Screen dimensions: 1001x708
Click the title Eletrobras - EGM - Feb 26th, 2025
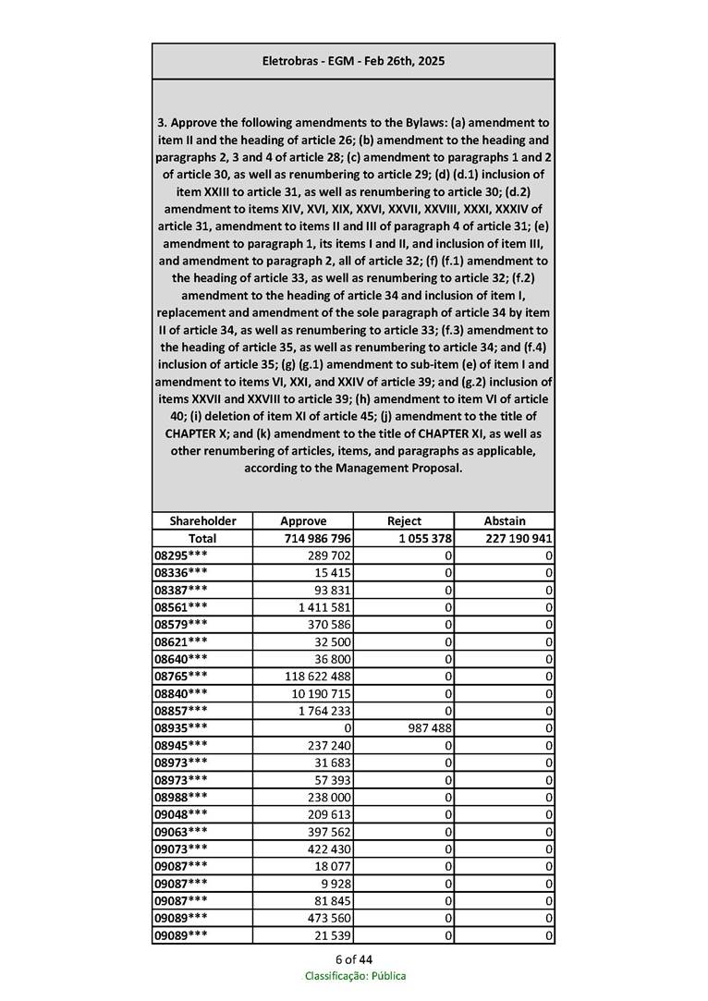353,61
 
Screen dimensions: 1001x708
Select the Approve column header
303,520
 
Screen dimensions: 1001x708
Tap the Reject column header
404,520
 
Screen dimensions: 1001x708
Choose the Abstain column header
505,520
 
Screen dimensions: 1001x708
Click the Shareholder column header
202,520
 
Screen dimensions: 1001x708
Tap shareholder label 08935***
181,727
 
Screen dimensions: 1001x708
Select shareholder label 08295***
181,555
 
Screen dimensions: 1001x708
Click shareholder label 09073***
181,848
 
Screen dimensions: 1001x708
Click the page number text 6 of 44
354,958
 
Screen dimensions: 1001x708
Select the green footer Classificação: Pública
355,976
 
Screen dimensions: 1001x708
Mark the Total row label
202,538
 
